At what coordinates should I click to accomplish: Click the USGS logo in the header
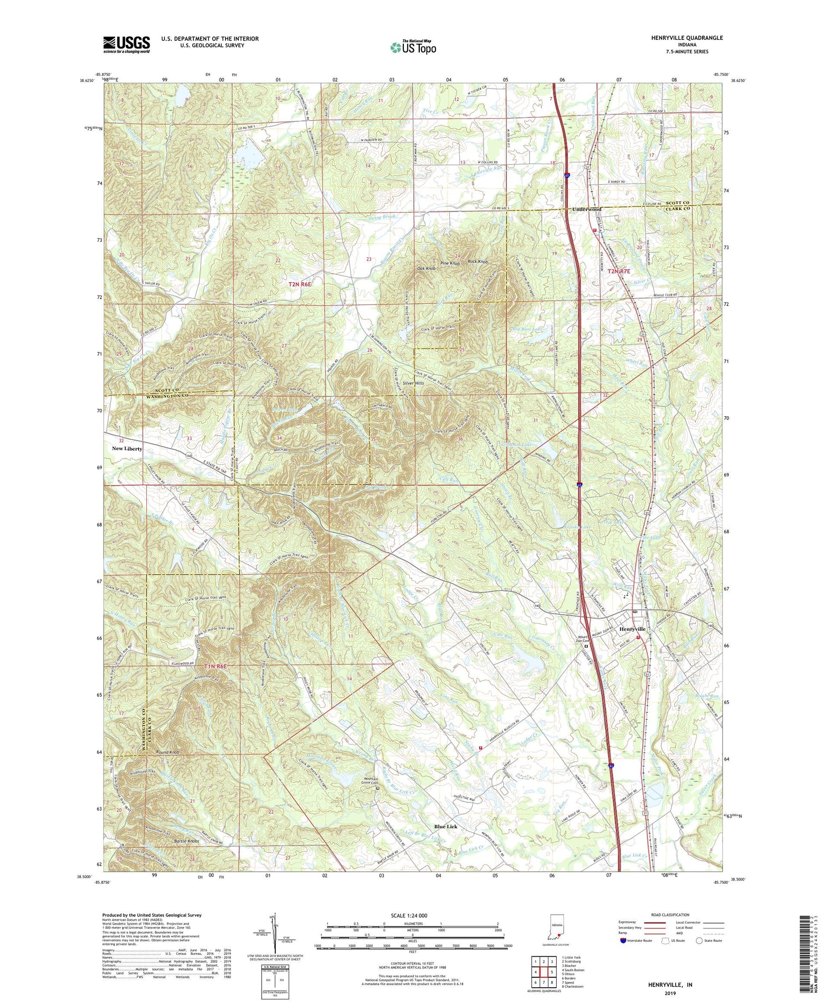pyautogui.click(x=126, y=44)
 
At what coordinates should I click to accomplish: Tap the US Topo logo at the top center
pyautogui.click(x=413, y=48)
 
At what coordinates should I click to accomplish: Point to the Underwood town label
pyautogui.click(x=587, y=210)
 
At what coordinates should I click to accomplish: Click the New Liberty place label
pyautogui.click(x=127, y=448)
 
